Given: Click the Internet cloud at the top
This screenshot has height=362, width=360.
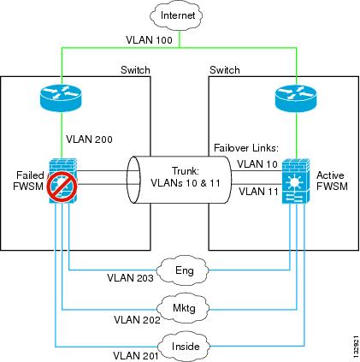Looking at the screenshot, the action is point(177,15).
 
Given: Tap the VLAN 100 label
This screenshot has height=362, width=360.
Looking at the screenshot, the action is point(150,39).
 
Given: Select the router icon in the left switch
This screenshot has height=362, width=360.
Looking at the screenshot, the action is point(61,98).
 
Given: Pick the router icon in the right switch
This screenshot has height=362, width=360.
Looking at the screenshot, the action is point(296,98).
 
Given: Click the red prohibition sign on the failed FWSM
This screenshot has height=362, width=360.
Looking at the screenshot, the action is point(62,187).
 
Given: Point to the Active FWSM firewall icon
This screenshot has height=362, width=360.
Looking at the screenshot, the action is point(296,181).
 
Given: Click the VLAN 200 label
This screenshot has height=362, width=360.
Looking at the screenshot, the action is point(89,139).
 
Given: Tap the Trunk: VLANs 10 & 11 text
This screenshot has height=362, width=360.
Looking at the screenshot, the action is point(186,177).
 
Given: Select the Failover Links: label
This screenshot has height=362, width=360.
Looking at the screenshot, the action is point(246,148).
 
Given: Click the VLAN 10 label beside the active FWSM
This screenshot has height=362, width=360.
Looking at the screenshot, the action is point(257,164).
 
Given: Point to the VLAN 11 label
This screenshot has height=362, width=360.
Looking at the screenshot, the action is point(258,191).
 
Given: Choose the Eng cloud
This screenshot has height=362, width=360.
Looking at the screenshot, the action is point(183,271).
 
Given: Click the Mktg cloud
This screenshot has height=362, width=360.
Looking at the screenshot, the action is point(183,308).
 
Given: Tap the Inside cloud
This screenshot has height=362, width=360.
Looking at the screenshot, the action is point(184,346).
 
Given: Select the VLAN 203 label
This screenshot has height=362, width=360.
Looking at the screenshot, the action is point(130,277).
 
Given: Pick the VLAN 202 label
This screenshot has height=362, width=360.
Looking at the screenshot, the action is point(137,320).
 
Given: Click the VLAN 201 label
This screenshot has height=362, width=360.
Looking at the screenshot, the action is point(136,356).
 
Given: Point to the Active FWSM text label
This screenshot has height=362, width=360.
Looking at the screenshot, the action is point(332,181).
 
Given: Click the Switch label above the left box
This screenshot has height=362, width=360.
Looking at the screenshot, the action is point(135,70).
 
